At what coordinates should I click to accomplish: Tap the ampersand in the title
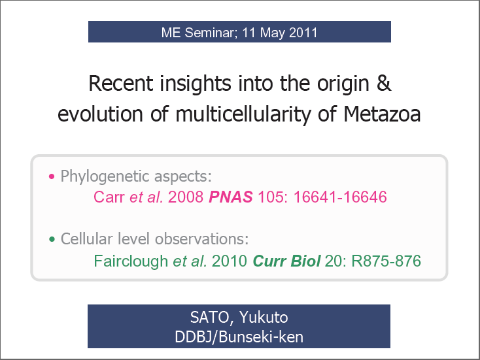pos(384,83)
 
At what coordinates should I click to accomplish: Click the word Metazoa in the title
pos(382,114)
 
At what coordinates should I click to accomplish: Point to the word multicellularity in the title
pos(243,114)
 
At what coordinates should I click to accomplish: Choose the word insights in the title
pos(196,84)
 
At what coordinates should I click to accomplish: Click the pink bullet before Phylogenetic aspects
pos(52,176)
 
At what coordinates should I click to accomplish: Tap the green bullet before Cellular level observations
pos(52,239)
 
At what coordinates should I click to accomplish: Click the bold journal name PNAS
pos(231,197)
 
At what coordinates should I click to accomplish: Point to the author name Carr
pos(109,197)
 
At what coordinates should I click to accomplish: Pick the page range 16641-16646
pos(340,197)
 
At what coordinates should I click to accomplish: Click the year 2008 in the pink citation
pos(186,197)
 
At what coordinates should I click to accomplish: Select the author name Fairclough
pos(131,261)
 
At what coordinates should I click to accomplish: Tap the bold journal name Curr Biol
pos(286,261)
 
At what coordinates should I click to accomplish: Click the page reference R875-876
pos(386,261)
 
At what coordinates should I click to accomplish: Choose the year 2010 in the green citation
pos(230,261)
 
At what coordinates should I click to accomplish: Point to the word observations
pos(201,239)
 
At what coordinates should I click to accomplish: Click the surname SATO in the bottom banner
pos(210,318)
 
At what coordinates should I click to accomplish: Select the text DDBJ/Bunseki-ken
pos(239,337)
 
